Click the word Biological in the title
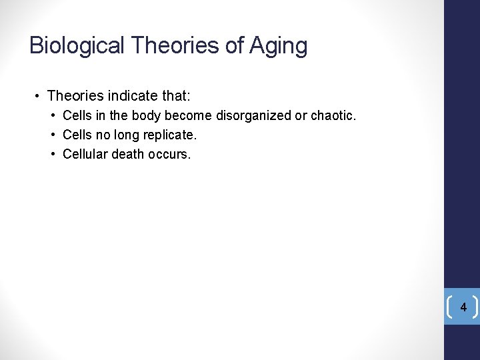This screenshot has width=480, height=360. [x=77, y=46]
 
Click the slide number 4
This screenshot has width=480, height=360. [x=463, y=307]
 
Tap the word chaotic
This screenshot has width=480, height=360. [x=333, y=116]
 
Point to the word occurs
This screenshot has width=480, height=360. [x=171, y=154]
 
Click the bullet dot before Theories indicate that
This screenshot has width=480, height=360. [x=38, y=97]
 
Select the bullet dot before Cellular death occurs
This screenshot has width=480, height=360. [x=53, y=155]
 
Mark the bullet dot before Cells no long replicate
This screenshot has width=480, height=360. [x=53, y=135]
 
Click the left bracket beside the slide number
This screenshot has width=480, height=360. [x=450, y=307]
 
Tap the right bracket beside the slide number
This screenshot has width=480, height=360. [x=476, y=307]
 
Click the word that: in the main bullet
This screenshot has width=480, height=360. [x=175, y=96]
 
